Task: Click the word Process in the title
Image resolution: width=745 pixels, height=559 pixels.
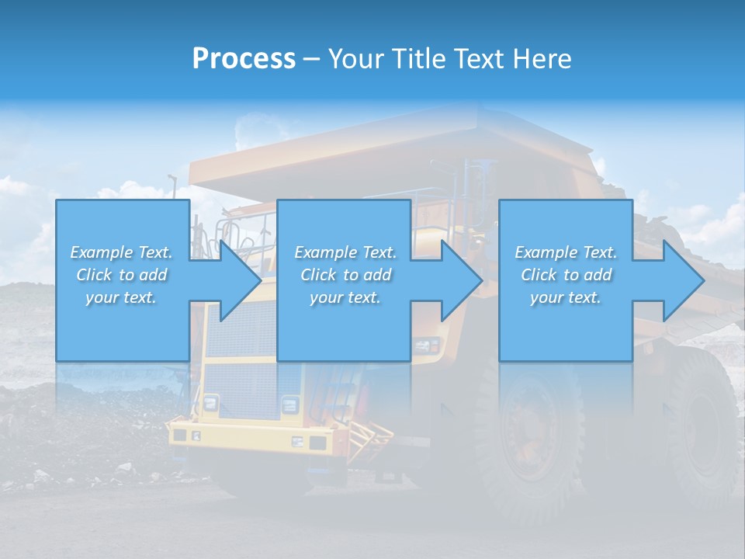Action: point(244,59)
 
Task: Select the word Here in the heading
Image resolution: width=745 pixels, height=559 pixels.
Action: point(542,59)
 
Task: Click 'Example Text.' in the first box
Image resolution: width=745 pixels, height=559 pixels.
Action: point(122,252)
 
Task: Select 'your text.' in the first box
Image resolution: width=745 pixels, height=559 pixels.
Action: point(122,297)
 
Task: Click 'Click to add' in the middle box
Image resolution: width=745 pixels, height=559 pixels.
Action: point(345,275)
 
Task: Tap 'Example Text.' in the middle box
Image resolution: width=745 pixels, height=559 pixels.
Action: point(345,252)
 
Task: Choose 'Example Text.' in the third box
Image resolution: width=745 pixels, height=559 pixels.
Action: point(566,252)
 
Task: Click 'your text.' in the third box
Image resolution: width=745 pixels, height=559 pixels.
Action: point(566,297)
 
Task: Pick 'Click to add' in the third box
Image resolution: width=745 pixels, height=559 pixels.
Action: point(566,275)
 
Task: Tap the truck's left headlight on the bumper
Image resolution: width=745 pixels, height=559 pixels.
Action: point(210,403)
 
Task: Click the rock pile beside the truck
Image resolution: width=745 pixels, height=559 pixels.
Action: point(78,435)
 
